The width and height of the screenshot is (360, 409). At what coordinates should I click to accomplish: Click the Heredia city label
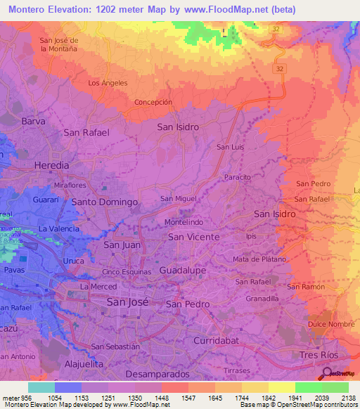click(52, 165)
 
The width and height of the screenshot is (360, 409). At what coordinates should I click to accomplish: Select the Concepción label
click(153, 102)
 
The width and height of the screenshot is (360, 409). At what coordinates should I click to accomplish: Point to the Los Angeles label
click(108, 83)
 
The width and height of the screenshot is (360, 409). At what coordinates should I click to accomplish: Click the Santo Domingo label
click(105, 202)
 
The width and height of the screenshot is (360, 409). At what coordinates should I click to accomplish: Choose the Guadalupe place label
click(183, 270)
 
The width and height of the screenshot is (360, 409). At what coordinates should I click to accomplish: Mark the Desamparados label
click(157, 374)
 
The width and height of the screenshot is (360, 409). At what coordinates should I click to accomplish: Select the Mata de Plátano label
click(259, 259)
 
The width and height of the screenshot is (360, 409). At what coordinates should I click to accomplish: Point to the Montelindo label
click(184, 222)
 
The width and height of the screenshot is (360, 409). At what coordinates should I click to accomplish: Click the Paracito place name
click(238, 177)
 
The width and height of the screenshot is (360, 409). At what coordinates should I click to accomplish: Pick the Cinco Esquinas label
click(127, 272)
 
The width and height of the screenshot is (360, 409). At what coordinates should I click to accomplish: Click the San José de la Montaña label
click(68, 44)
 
